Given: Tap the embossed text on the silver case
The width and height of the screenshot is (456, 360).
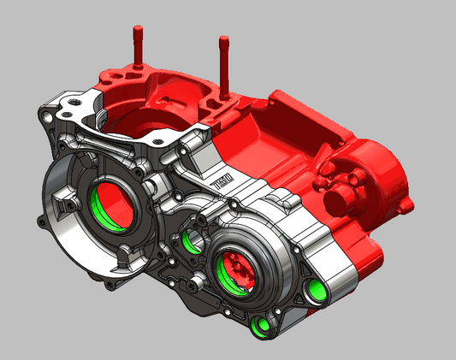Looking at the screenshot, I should (x=220, y=182).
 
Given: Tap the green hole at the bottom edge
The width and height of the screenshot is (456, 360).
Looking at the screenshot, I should (x=264, y=325).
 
